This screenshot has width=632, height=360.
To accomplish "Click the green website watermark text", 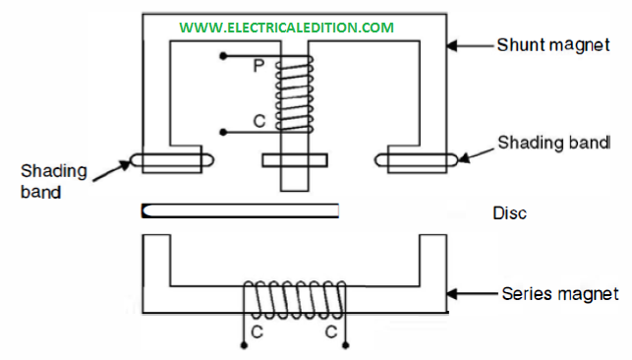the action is [x=287, y=28].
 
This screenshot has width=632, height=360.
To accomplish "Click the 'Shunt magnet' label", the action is [x=553, y=45].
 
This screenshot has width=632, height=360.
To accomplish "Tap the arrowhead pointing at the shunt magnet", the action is [x=452, y=45].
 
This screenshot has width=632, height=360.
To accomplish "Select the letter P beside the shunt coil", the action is [x=259, y=66].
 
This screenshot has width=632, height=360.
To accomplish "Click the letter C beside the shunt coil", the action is [x=259, y=121].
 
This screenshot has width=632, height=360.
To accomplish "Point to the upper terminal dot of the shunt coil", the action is [x=223, y=56].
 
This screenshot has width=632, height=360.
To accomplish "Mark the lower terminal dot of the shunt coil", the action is [x=223, y=132].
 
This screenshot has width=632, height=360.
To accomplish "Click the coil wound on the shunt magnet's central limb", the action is [x=294, y=93].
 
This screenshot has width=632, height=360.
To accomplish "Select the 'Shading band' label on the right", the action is [x=554, y=143].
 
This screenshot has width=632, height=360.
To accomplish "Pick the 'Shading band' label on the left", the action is [x=54, y=181].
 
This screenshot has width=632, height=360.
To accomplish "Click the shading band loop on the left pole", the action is [x=172, y=160].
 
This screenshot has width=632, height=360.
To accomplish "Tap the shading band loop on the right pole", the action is [x=417, y=160].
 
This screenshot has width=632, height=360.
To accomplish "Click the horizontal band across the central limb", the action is [x=295, y=160].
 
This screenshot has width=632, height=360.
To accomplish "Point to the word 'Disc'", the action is [x=509, y=213].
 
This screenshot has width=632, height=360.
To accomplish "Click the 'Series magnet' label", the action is [x=560, y=294].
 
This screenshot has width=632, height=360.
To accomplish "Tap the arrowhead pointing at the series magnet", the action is [x=452, y=294].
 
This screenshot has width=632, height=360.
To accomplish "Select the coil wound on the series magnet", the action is [x=295, y=299].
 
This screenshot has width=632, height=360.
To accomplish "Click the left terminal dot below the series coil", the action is [x=244, y=345].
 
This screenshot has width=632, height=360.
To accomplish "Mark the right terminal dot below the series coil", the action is [x=345, y=345].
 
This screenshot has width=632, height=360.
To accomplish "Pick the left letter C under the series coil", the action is [x=257, y=331].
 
